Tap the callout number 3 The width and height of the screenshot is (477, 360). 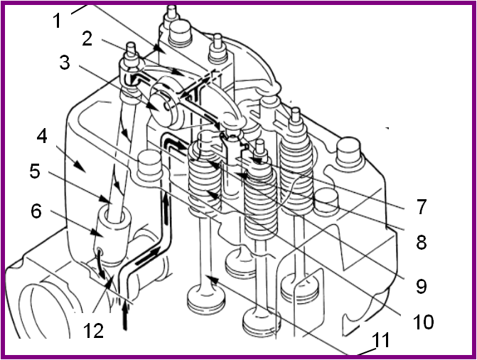pyautogui.click(x=66, y=64)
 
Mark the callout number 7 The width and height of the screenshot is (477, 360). pyautogui.click(x=421, y=208)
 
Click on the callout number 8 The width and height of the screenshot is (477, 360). pyautogui.click(x=421, y=242)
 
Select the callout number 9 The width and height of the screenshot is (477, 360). pyautogui.click(x=421, y=285)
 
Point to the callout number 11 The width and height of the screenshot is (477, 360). pyautogui.click(x=381, y=340)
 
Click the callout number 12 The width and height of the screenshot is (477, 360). pyautogui.click(x=93, y=330)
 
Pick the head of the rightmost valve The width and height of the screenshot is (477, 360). pyautogui.click(x=307, y=287)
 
